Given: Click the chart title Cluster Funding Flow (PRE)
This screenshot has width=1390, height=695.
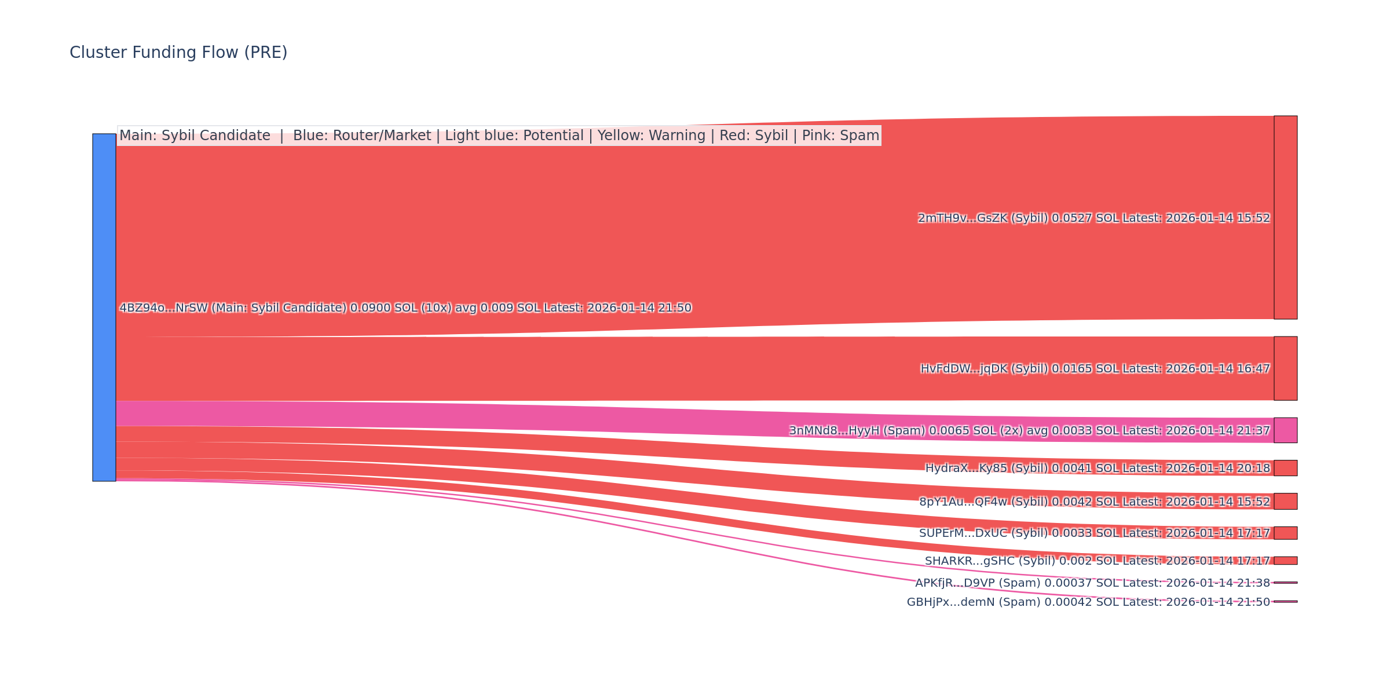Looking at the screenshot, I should [x=178, y=53].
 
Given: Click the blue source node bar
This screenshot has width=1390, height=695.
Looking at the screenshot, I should [x=104, y=307].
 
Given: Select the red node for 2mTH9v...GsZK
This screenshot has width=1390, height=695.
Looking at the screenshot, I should [x=1285, y=217].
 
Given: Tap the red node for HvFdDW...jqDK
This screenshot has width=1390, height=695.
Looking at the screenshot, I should [x=1285, y=368].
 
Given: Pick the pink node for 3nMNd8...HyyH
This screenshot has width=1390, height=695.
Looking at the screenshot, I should [x=1285, y=430].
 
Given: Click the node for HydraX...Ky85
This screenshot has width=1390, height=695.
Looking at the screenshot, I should [x=1285, y=468].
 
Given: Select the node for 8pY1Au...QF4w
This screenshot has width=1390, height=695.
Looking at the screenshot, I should [x=1285, y=502].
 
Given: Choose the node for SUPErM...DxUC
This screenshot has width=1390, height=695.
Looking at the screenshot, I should [x=1285, y=533].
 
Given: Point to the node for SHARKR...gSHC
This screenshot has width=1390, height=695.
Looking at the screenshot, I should [x=1285, y=561].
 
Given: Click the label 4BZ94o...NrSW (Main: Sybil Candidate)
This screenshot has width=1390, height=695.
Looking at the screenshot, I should [x=405, y=308].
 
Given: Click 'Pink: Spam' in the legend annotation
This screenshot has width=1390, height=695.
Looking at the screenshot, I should [x=840, y=136].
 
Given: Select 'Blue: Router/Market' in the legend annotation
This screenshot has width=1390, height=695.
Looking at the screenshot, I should [x=362, y=136].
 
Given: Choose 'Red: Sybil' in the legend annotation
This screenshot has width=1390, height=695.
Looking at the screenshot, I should [x=753, y=136].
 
